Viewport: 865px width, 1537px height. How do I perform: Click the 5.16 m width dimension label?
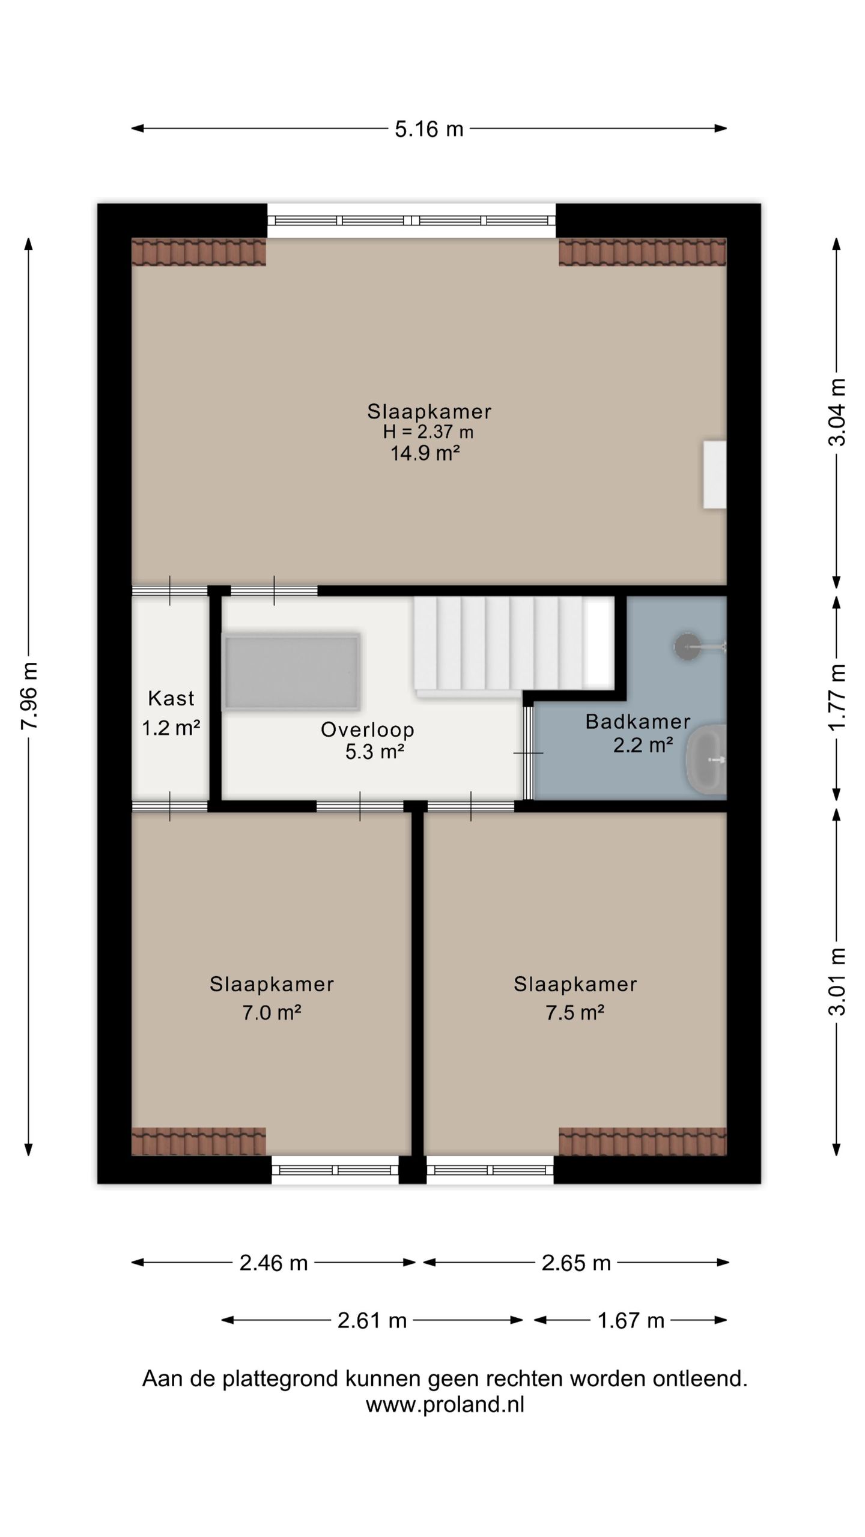(429, 129)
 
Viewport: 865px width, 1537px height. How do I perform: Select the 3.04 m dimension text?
(837, 412)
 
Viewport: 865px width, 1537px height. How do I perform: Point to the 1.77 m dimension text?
(837, 698)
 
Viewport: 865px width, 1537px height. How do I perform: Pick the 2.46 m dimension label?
(273, 1263)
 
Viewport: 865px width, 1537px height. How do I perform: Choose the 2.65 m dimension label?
(576, 1263)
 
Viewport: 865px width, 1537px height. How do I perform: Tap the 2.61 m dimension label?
(372, 1321)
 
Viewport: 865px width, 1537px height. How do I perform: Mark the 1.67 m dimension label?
(631, 1321)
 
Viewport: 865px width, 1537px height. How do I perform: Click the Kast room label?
(171, 698)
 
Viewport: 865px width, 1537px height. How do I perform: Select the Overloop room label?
(368, 729)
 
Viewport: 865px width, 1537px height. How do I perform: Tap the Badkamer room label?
(638, 721)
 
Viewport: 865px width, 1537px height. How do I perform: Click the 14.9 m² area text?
(425, 453)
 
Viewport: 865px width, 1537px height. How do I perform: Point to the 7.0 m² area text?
(272, 1013)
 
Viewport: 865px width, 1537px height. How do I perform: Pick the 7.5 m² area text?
(575, 1013)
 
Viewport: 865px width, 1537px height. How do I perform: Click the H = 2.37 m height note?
(428, 432)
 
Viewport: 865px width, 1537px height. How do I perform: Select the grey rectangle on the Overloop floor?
(292, 672)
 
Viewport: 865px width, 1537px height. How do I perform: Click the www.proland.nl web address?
(445, 1405)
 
